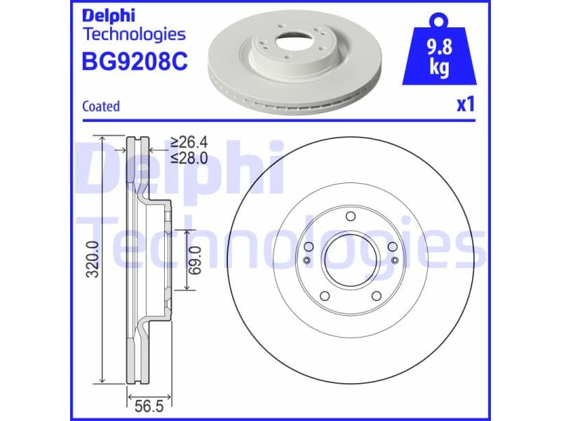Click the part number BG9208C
135,61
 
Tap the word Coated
101,107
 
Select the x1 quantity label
466,105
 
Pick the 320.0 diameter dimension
92,259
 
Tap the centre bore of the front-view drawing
351,260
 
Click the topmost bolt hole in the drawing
351,217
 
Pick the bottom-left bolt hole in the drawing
324,296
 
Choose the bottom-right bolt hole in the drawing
377,296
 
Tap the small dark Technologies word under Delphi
134,34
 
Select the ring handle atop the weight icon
440,18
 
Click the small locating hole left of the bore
306,261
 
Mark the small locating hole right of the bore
395,261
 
